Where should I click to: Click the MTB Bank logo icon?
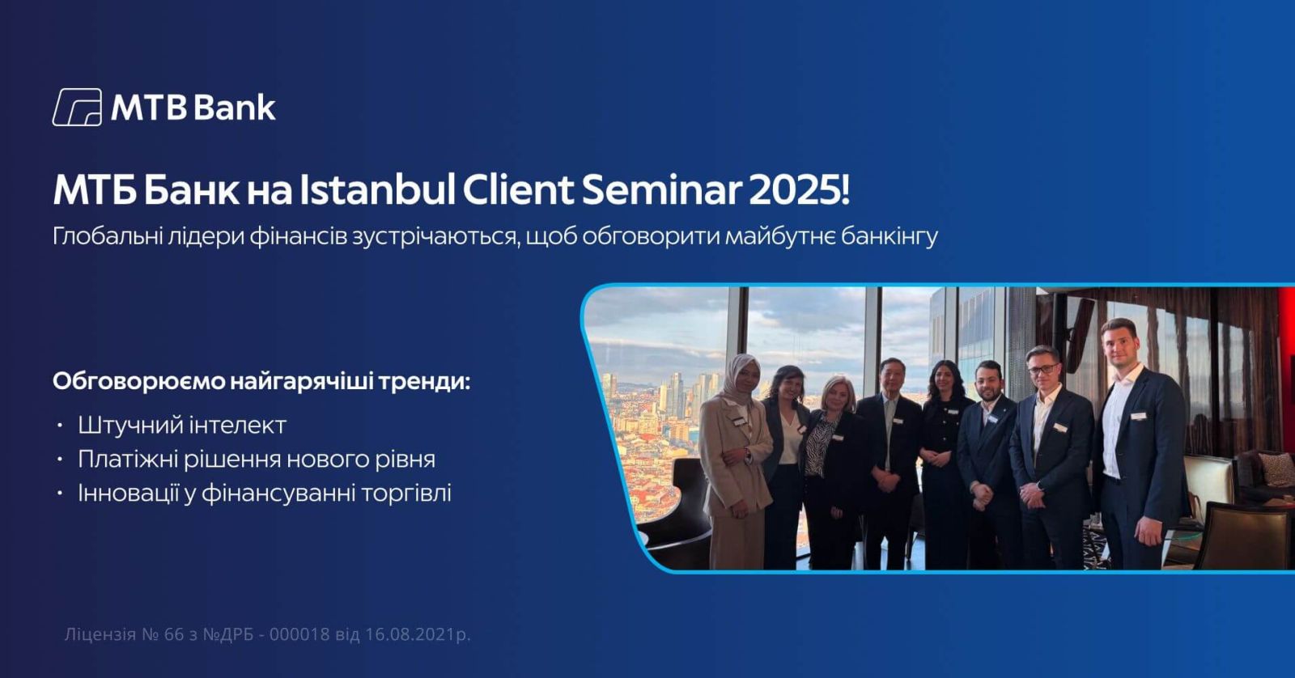click(77, 107)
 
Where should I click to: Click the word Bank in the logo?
click(234, 108)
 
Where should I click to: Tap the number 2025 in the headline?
click(796, 190)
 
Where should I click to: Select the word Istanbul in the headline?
click(377, 190)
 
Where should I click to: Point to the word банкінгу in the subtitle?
click(890, 236)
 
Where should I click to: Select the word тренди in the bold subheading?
click(425, 382)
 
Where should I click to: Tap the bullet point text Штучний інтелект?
click(182, 426)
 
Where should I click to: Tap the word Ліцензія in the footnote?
click(100, 634)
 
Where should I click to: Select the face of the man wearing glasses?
click(1042, 370)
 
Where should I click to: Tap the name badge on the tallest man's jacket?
click(1138, 416)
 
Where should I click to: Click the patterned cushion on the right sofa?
click(1276, 468)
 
